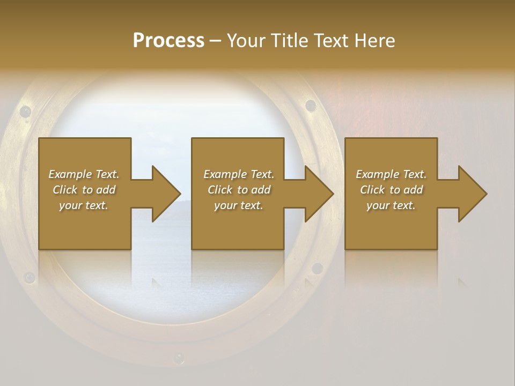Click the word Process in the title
point(168,41)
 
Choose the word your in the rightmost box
point(379,205)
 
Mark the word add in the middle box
point(261,190)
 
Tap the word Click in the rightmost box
point(373,190)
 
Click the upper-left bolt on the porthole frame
point(25,112)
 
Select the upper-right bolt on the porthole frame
point(310,105)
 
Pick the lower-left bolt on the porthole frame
point(29,277)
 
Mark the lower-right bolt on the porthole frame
point(317,268)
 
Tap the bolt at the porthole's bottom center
point(178,358)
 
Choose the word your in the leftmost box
point(71,205)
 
